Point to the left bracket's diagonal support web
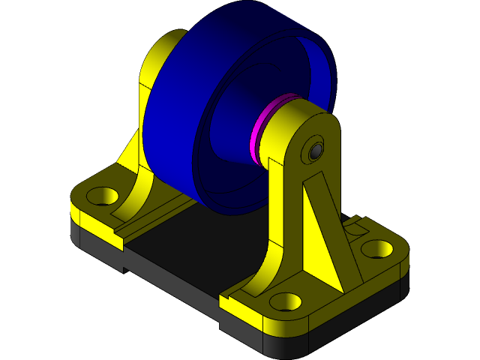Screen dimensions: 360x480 [x=131, y=150]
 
